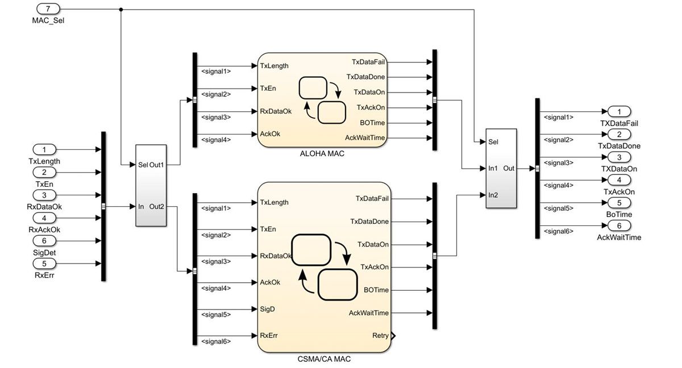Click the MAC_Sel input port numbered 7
point(48,9)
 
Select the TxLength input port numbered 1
point(48,150)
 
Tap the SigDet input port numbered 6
point(48,241)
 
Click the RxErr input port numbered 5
point(48,264)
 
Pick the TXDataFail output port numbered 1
point(619,111)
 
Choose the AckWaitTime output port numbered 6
point(619,225)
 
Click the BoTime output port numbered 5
point(619,203)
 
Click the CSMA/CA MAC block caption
point(324,359)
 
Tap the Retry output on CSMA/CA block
point(381,336)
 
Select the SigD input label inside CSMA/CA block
point(268,310)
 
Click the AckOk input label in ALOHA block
point(270,134)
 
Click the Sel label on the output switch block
point(493,142)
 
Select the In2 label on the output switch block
point(493,195)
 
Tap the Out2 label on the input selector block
point(156,207)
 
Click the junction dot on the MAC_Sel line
point(121,9)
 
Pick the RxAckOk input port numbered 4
point(48,218)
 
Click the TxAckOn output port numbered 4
point(619,180)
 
